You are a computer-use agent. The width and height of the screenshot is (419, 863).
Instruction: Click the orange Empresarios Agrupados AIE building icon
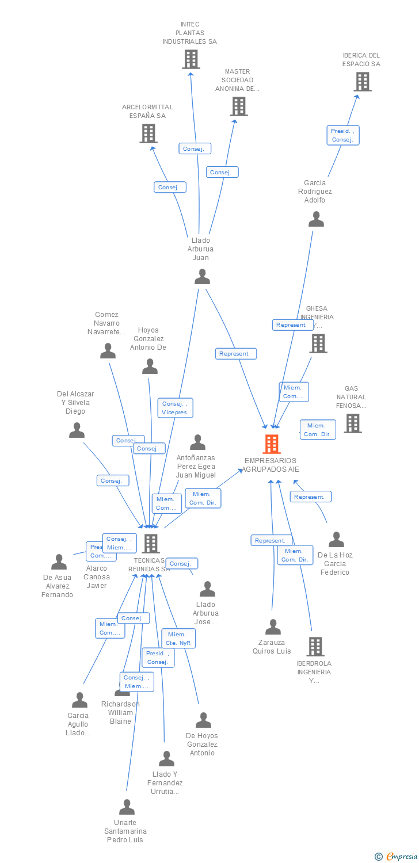point(272,444)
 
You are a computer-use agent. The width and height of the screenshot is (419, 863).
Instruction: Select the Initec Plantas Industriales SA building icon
point(191,59)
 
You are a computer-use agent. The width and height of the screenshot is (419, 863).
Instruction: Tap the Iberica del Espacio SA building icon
point(362,82)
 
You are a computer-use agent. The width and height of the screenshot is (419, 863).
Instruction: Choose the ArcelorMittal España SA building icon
point(148,133)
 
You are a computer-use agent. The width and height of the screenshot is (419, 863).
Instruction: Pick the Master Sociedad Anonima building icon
point(239,106)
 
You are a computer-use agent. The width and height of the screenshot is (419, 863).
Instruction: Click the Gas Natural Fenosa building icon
point(353,423)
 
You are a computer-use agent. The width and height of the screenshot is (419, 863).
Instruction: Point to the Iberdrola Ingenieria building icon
point(315,647)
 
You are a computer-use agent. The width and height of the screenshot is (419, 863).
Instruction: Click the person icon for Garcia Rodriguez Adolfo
point(316,219)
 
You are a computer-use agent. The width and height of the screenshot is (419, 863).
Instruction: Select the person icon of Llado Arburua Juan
point(202,277)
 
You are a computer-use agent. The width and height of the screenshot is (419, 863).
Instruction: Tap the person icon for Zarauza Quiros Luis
point(273,627)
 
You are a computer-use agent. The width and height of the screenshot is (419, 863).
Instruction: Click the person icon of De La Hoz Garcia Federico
point(336,540)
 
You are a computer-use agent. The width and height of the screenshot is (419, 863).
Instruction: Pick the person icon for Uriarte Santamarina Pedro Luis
point(127,807)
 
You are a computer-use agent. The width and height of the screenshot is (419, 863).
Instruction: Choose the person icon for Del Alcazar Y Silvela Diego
point(77,430)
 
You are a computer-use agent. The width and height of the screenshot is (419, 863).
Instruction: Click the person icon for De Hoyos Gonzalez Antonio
point(203,720)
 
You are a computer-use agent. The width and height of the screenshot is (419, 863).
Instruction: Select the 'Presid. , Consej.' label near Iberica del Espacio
point(343,135)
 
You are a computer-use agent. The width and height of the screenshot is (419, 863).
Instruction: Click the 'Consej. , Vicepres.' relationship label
point(176,408)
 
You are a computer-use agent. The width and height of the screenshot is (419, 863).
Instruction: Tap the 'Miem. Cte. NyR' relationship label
point(178,639)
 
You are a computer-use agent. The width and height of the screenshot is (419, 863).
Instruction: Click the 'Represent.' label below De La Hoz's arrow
point(310,497)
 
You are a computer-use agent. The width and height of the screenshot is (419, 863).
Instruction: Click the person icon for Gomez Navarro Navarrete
point(108,351)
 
